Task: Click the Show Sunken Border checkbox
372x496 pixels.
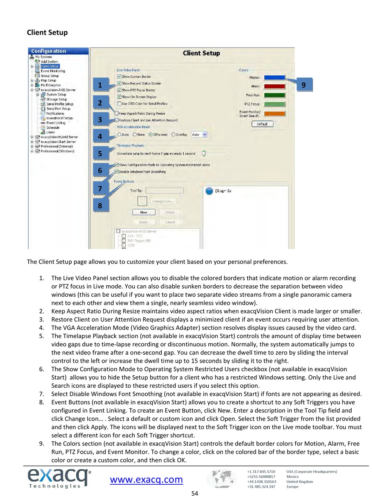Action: point(119,77)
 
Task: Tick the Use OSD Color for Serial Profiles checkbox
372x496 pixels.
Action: point(119,104)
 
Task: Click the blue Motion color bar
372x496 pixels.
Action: point(274,77)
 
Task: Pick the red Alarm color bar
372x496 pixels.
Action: point(274,86)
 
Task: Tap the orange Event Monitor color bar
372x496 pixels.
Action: point(274,114)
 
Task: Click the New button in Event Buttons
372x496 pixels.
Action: point(144,212)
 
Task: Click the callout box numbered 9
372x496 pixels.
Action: point(304,85)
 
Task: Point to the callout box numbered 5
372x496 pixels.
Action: point(100,154)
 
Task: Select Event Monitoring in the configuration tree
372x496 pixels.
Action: point(53,71)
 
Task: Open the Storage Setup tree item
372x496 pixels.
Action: point(56,99)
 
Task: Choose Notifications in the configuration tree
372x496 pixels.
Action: point(55,113)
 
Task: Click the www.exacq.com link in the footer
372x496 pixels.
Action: point(146,480)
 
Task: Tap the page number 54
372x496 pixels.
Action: point(195,493)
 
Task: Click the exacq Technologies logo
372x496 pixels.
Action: point(59,478)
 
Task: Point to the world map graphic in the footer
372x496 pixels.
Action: point(222,479)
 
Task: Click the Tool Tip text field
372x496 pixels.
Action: point(164,190)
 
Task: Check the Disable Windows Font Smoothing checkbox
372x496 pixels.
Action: point(116,172)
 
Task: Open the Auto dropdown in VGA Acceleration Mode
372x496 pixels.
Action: point(199,134)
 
